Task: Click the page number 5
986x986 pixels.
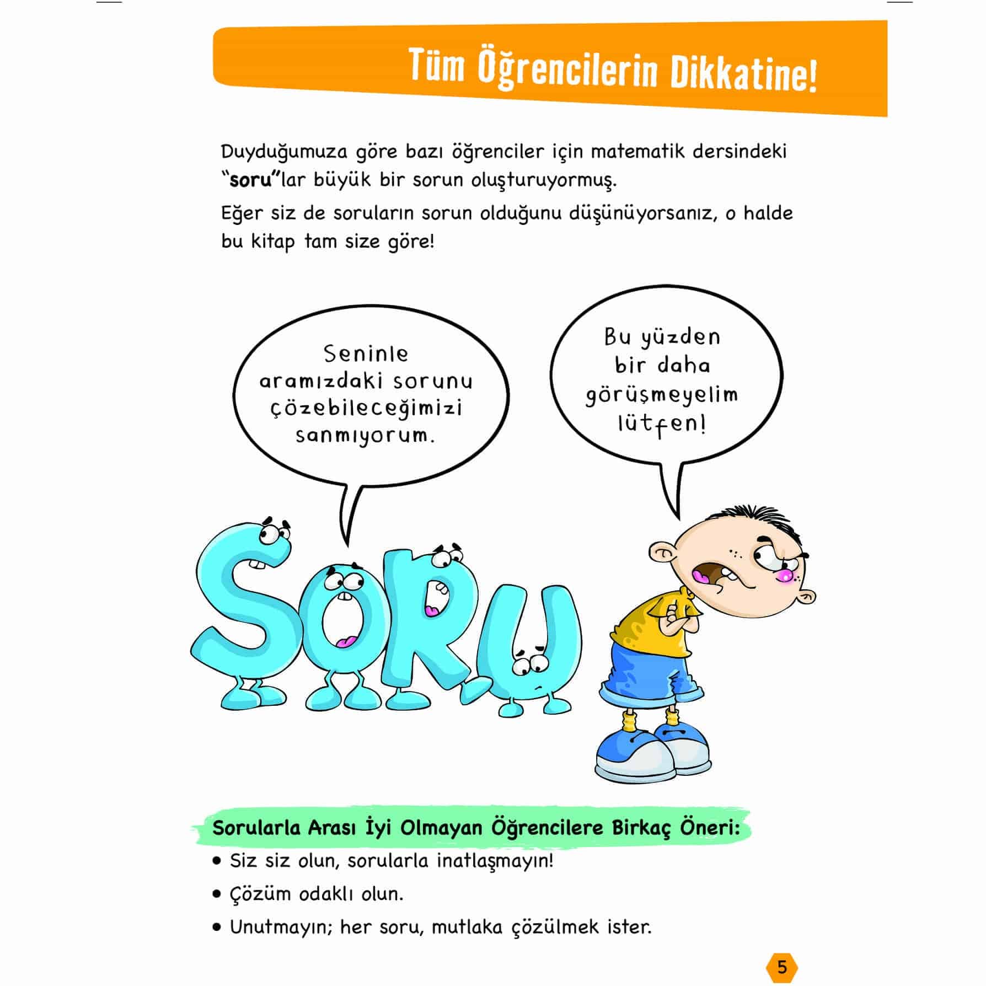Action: (x=781, y=967)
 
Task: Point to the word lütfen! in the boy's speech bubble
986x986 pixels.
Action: (x=662, y=425)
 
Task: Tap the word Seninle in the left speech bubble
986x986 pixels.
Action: (x=366, y=354)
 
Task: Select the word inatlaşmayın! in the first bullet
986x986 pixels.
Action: (x=495, y=861)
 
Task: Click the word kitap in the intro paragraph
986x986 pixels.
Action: (x=272, y=242)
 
